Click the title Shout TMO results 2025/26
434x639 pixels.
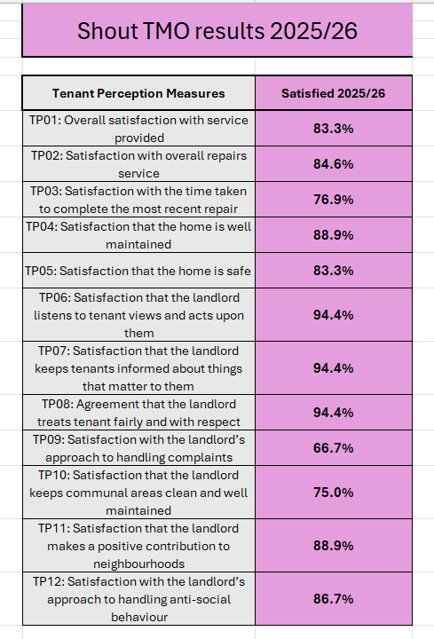tap(217, 31)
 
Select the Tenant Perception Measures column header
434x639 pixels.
tap(138, 93)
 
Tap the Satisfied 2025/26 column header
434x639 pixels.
tap(334, 93)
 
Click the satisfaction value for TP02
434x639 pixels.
tap(334, 164)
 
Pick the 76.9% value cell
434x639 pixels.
tap(334, 200)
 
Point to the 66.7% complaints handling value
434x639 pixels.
tap(334, 448)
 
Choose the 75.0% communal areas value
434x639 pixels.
tap(334, 493)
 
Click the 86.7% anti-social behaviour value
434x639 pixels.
tap(334, 599)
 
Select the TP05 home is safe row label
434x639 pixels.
tap(138, 271)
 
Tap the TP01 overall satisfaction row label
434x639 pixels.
tap(138, 129)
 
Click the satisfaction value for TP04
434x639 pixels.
tap(334, 234)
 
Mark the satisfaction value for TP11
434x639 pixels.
tap(334, 546)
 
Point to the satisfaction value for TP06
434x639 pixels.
tap(334, 315)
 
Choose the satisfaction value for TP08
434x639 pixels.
tap(334, 413)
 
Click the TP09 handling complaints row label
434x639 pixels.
tap(138, 448)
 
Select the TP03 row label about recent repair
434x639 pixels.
tap(138, 200)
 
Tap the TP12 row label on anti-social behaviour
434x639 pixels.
tap(138, 599)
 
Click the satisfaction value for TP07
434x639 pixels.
tap(334, 368)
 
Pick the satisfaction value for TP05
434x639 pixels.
tap(334, 271)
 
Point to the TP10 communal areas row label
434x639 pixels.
tap(138, 493)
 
